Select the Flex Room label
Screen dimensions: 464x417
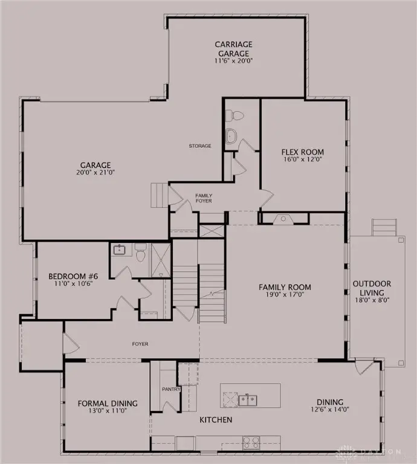pos(303,152)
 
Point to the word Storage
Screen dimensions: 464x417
pos(200,146)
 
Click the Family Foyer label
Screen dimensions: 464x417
pos(204,198)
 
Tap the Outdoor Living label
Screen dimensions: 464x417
pos(372,288)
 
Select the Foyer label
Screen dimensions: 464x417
pos(140,344)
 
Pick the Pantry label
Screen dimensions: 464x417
pos(171,389)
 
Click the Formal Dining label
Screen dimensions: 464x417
pos(107,404)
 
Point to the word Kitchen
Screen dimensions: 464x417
pos(216,419)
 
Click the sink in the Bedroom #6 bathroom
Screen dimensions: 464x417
pos(118,249)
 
